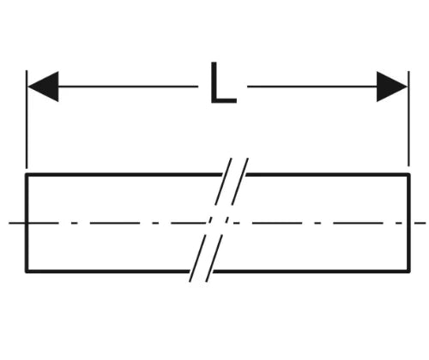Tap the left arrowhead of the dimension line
click(x=43, y=87)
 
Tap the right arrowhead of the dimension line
click(x=392, y=87)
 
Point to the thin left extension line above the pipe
click(x=27, y=119)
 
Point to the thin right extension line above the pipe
click(x=408, y=118)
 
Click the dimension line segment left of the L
click(x=128, y=87)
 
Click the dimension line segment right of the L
click(x=312, y=87)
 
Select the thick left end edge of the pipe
click(x=27, y=223)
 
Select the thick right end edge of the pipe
click(x=409, y=223)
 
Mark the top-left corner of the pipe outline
click(x=27, y=174)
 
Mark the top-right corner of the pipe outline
click(x=409, y=174)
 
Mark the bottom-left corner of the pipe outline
click(x=27, y=272)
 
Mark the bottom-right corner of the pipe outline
click(x=409, y=272)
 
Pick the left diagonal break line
click(x=210, y=220)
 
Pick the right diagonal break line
click(x=227, y=220)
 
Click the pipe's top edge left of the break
click(x=124, y=174)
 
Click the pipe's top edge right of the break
click(x=328, y=174)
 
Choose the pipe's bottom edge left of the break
click(x=107, y=272)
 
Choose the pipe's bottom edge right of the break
click(x=311, y=272)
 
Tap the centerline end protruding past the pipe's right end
click(x=419, y=223)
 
